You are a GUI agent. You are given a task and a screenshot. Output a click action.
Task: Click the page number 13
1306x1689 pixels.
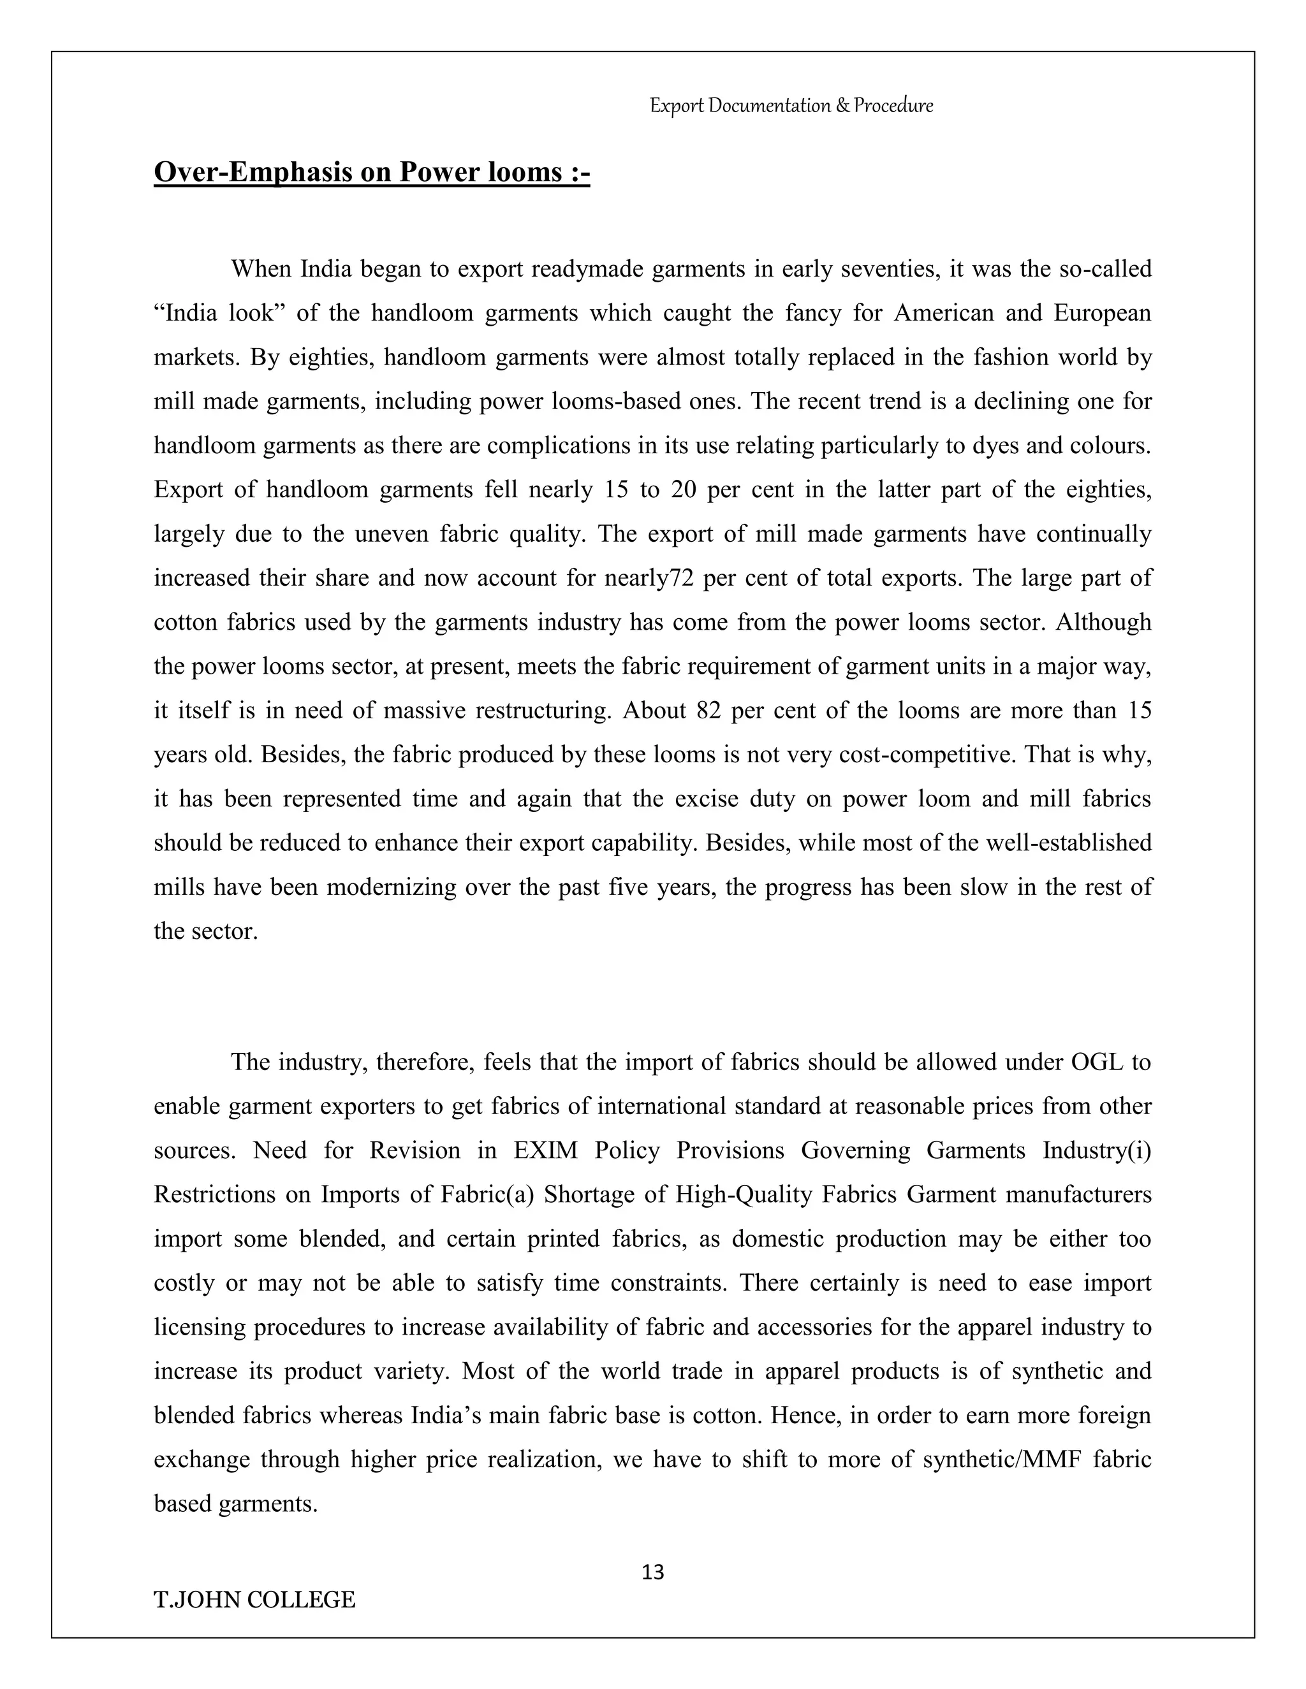(652, 1572)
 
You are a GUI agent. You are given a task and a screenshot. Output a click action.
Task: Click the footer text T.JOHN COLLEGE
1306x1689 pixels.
(254, 1599)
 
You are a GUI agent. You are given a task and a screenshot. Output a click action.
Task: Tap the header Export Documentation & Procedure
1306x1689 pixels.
(791, 105)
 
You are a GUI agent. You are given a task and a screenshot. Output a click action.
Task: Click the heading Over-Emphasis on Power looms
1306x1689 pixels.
(371, 171)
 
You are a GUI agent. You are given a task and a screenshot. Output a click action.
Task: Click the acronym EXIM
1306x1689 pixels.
(545, 1150)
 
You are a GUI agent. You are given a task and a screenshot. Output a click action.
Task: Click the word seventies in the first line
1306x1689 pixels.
(890, 269)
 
